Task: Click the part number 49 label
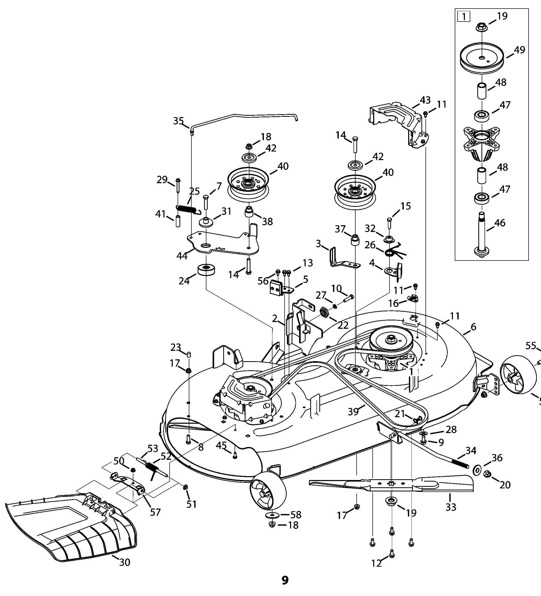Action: click(520, 50)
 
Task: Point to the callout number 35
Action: click(178, 121)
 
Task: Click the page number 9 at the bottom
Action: click(285, 580)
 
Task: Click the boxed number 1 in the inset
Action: click(463, 17)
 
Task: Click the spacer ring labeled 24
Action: click(206, 269)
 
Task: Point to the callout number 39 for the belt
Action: click(353, 412)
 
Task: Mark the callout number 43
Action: click(425, 100)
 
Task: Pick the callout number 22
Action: click(343, 325)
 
